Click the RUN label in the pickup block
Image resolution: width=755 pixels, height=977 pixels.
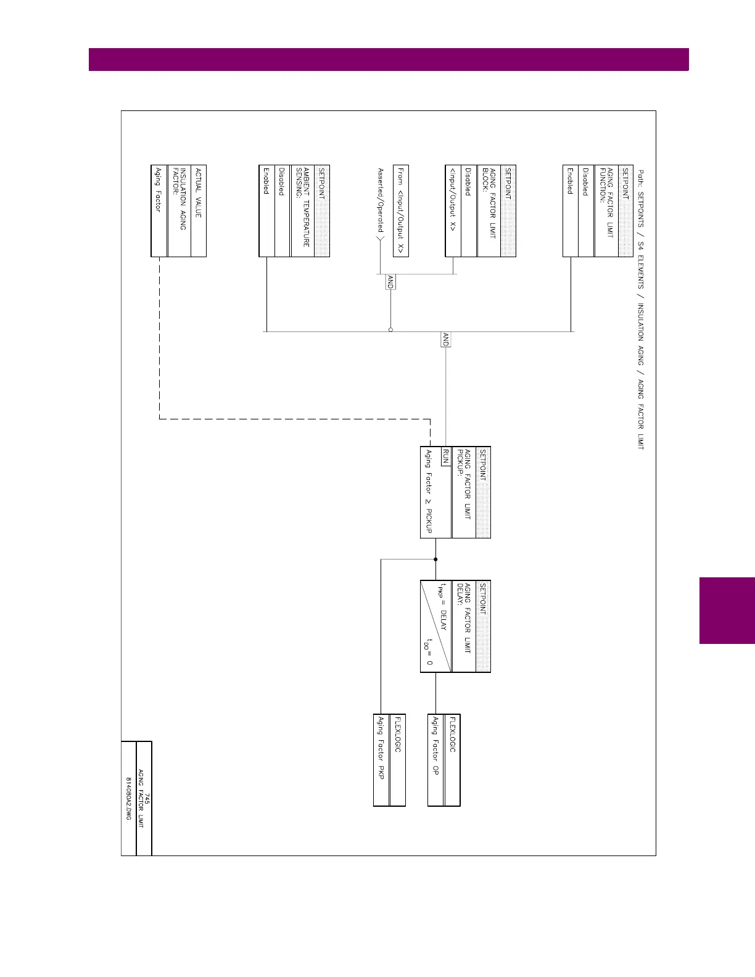pos(445,457)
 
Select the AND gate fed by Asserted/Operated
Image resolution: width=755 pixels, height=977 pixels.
pos(390,282)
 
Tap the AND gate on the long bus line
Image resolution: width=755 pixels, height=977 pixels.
pos(445,339)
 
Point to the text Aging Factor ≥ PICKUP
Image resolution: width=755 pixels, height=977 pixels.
pos(429,492)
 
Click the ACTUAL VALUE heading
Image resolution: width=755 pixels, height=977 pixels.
pos(198,193)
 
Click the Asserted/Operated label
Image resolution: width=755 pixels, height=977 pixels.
pos(381,200)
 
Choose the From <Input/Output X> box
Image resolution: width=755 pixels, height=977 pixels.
pos(400,210)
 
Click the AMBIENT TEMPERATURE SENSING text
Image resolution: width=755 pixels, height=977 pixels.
pos(302,207)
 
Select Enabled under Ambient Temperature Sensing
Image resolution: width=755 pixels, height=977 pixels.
pos(266,181)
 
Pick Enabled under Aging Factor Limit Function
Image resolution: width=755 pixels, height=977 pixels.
pos(570,181)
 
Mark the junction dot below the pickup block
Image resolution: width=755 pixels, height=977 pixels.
pos(435,559)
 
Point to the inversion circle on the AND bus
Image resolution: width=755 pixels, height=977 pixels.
pos(390,330)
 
